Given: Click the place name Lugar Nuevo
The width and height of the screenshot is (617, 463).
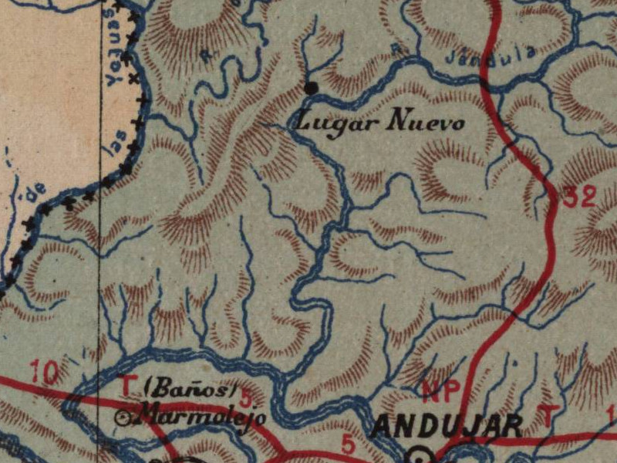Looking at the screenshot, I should (x=380, y=121).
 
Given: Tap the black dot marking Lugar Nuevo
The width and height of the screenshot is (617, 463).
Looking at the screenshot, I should (x=312, y=88).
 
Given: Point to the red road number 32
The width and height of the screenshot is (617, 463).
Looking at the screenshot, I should (x=579, y=198).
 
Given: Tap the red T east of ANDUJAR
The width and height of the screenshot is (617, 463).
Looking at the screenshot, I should (x=546, y=416).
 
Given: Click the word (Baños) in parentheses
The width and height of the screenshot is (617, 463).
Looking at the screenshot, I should (x=189, y=390).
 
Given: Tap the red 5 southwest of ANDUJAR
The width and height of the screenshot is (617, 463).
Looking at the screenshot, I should (x=349, y=445).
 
